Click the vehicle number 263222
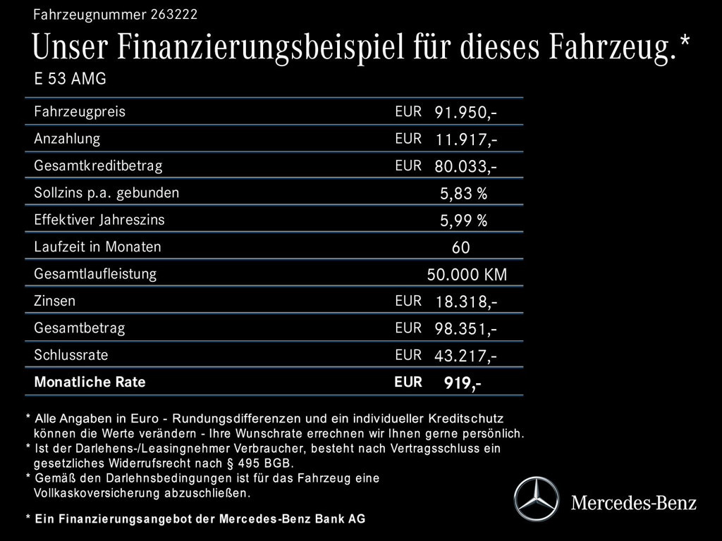coord(174,14)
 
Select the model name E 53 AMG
coord(70,79)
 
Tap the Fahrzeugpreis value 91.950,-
coord(466,113)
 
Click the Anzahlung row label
coord(67,139)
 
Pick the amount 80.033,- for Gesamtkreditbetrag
coord(466,167)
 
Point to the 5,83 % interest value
coord(463,194)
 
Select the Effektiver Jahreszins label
coord(99,220)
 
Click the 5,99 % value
coord(463,221)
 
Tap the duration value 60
coord(461,248)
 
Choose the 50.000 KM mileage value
coord(467,275)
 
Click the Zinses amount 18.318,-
coord(466,302)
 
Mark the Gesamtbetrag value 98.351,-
coord(466,329)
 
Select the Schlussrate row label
coord(71,355)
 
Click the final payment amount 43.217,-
coord(465,356)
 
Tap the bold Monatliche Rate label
coord(90,383)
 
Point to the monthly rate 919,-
coord(463,384)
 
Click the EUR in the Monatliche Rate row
coord(408,383)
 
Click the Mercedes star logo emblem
coord(536,499)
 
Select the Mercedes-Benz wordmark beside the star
coord(633,503)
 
